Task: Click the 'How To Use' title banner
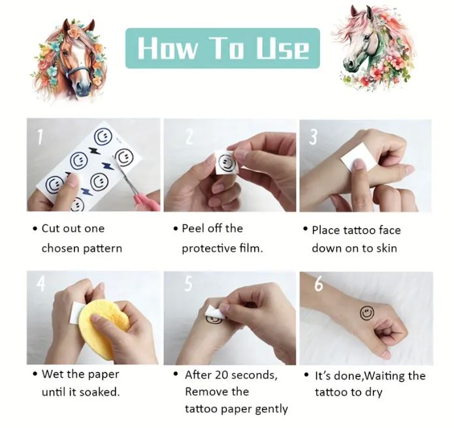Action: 222,48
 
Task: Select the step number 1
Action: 40,137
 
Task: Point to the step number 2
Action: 189,137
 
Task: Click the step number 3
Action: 314,137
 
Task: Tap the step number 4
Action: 41,284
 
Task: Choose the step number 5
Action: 189,284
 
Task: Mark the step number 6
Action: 319,284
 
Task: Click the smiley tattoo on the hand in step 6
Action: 367,313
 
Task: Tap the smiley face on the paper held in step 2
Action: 227,163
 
